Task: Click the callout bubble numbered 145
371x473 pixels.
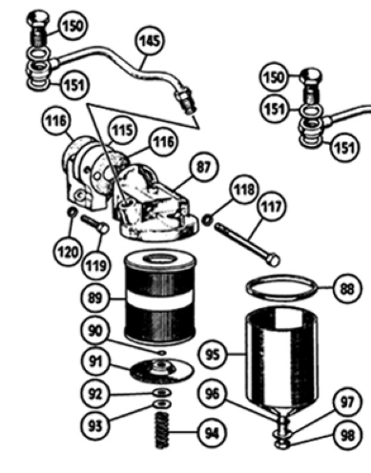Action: click(x=150, y=41)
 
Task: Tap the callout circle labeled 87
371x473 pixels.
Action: click(x=204, y=167)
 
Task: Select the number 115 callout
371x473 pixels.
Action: click(x=123, y=130)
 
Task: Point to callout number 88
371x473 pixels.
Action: click(x=347, y=289)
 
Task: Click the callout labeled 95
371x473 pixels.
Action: click(x=213, y=354)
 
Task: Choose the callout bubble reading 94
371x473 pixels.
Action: click(x=212, y=433)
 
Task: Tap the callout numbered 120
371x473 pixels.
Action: click(x=67, y=252)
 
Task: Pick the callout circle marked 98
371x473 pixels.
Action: click(x=347, y=436)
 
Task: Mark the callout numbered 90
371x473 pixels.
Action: click(x=95, y=331)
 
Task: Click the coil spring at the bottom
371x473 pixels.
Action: click(x=161, y=430)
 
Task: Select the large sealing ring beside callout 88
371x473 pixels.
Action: click(x=281, y=288)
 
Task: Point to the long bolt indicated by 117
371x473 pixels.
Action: click(x=247, y=243)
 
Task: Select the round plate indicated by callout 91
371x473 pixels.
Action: click(x=161, y=371)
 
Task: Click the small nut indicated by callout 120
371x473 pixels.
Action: click(x=72, y=212)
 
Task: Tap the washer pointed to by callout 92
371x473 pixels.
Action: click(x=162, y=393)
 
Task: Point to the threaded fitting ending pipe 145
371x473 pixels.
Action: click(x=186, y=100)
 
